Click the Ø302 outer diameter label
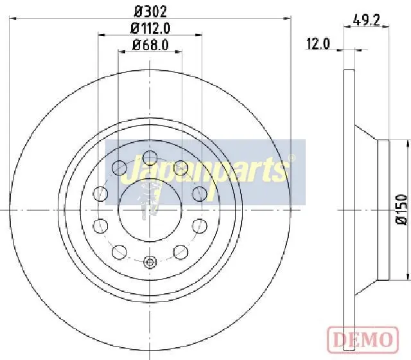tap(150, 12)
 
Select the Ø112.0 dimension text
tap(150, 28)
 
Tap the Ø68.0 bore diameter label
tap(150, 45)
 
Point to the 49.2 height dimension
tap(366, 20)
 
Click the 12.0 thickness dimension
tap(318, 44)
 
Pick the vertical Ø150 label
tap(401, 210)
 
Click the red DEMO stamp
tap(363, 340)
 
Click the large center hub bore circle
tap(150, 210)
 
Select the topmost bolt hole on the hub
tap(150, 158)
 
